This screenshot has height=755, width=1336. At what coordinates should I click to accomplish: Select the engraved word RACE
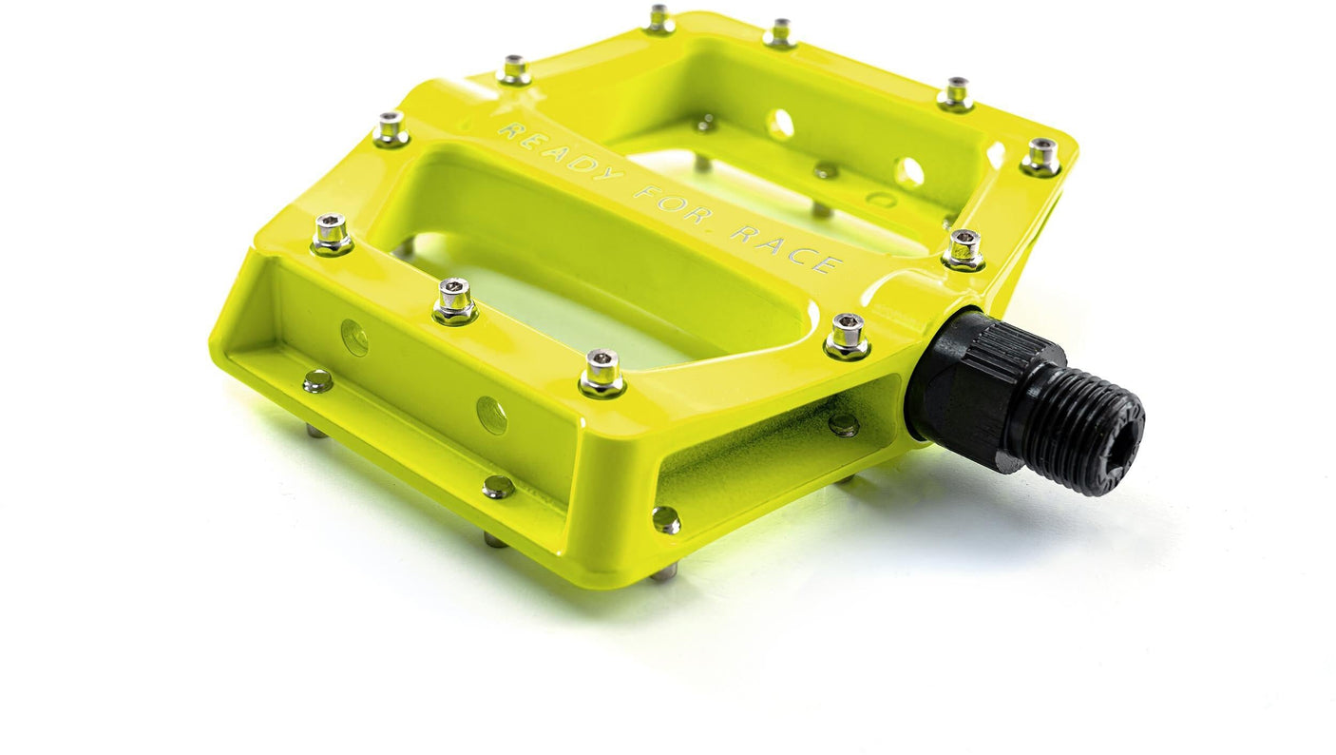tap(785, 249)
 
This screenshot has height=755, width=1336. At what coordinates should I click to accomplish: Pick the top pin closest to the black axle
tap(847, 335)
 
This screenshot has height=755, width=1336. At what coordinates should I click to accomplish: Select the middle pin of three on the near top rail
tap(454, 300)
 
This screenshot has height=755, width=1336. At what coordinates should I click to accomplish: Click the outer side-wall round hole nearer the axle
tap(491, 416)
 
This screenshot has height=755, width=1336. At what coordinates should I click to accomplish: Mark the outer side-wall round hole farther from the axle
tap(354, 338)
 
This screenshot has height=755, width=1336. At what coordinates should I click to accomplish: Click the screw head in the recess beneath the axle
tap(843, 425)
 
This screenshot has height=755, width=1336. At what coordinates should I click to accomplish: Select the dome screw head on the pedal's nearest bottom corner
tap(666, 518)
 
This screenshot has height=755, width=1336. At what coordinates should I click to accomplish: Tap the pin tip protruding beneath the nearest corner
tap(665, 571)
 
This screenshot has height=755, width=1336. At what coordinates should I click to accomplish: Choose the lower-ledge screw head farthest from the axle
tap(317, 380)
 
